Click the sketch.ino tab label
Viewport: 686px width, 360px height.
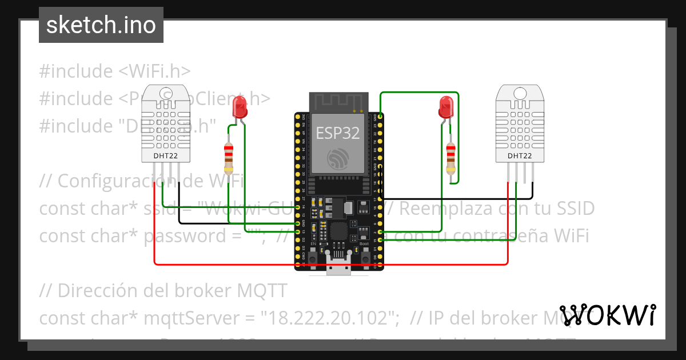click(x=101, y=25)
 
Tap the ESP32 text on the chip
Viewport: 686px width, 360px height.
click(x=338, y=133)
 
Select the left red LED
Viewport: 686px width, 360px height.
click(x=240, y=106)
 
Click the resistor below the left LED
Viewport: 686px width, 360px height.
click(x=229, y=158)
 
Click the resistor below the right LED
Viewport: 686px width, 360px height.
click(x=451, y=158)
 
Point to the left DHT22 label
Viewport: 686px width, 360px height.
click(x=166, y=155)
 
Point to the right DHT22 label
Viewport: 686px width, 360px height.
click(x=520, y=155)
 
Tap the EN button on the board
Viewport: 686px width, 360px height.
click(x=313, y=258)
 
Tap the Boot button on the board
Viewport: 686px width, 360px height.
click(x=365, y=258)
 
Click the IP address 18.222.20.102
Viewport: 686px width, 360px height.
click(x=329, y=318)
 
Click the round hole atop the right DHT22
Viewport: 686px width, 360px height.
click(x=520, y=93)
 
